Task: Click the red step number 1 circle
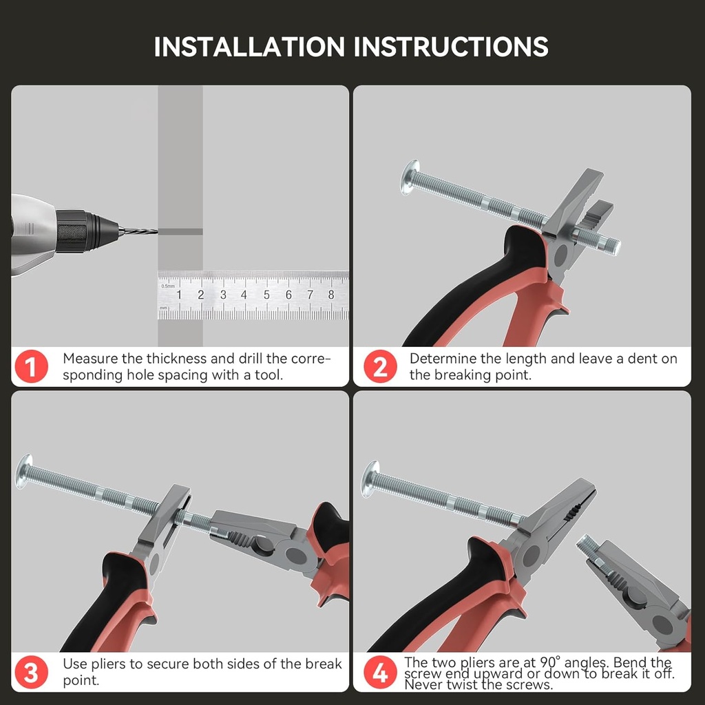coord(32,366)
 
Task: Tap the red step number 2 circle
coord(380,366)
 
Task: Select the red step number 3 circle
coord(32,672)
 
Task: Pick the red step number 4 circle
coord(380,672)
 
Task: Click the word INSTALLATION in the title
coord(249,47)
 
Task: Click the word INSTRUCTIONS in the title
coord(451,47)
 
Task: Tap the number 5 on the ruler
coord(266,295)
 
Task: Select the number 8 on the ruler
coord(331,295)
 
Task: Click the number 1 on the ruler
coord(179,295)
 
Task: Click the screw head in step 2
coord(410,177)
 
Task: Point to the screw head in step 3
coord(24,471)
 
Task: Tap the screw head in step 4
coord(370,478)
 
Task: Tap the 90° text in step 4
coord(551,662)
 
